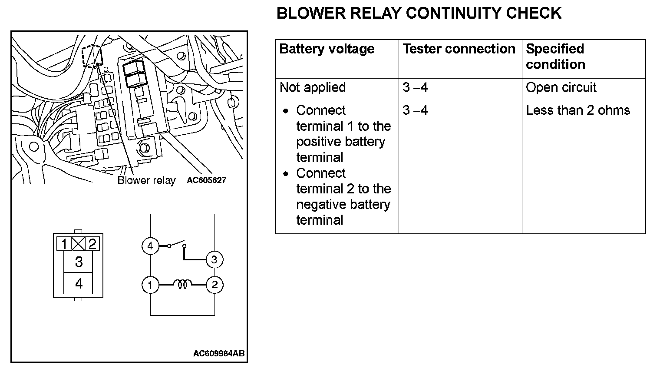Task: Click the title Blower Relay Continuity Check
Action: click(419, 13)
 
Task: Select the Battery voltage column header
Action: click(327, 49)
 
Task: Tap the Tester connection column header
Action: click(459, 49)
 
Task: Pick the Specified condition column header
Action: click(555, 57)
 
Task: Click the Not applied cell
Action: click(313, 87)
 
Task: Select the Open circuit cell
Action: click(561, 87)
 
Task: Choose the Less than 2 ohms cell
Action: click(578, 110)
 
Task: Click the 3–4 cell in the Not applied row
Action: click(415, 87)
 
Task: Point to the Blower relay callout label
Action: click(146, 180)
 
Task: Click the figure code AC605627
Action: click(206, 180)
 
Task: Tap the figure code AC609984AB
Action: click(219, 353)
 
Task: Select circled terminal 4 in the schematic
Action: click(150, 246)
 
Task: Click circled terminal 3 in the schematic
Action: click(214, 260)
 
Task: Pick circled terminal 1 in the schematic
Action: click(150, 285)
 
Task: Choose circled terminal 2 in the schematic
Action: click(214, 285)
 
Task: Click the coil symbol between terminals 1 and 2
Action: click(182, 285)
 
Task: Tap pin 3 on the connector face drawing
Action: click(79, 262)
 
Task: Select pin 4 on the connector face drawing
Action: click(79, 284)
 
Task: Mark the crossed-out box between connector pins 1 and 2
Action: click(78, 244)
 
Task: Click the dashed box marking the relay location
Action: click(92, 56)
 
